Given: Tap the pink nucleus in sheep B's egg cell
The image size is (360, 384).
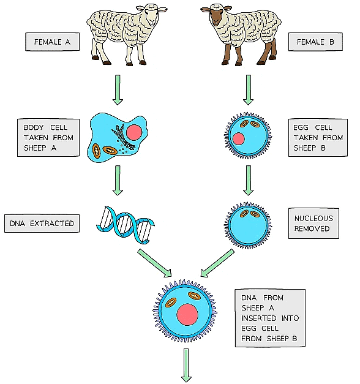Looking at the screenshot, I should [239, 139].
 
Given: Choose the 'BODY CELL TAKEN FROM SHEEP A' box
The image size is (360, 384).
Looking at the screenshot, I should [48, 138].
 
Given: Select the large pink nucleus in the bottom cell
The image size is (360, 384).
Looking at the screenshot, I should [187, 315].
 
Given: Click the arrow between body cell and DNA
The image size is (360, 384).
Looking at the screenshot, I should [118, 182].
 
